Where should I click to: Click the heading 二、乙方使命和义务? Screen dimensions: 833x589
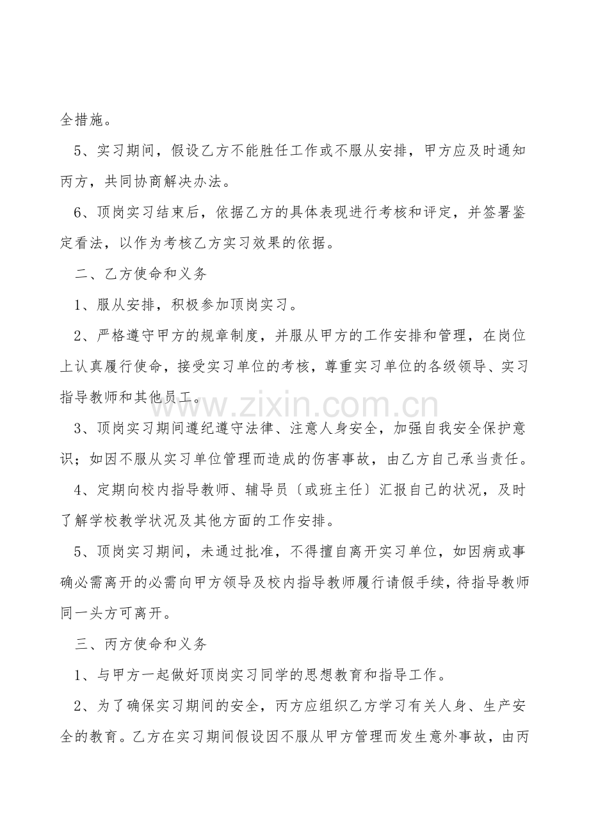(141, 274)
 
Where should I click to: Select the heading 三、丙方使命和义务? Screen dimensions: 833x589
(141, 644)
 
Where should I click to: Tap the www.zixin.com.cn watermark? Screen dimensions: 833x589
(291, 406)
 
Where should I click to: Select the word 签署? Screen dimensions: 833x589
(490, 212)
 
